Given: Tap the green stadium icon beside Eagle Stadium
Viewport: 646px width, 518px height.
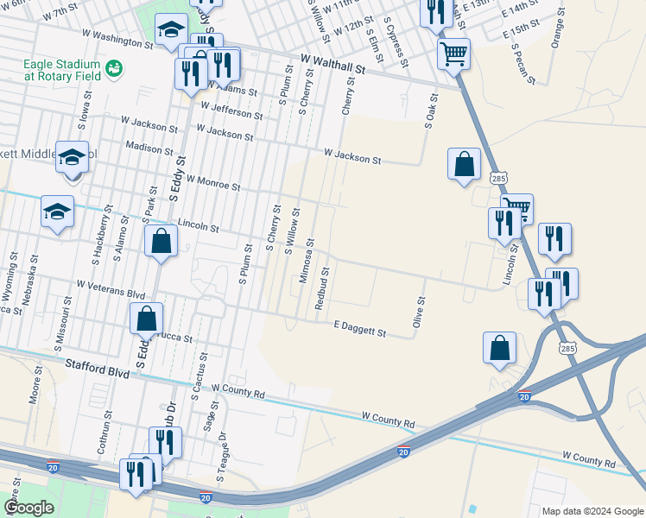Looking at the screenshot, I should pos(112,67).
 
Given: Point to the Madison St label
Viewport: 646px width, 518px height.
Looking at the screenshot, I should pos(145,147).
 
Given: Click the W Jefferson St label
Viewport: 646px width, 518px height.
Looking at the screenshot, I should pos(231,111).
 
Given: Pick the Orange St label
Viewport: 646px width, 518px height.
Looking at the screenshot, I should pos(559,32).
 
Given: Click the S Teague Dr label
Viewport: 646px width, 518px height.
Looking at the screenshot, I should pos(222,455).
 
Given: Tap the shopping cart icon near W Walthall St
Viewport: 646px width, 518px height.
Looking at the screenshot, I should pos(453,54).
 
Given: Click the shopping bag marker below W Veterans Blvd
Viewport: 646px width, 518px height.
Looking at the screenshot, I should pos(147,319).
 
